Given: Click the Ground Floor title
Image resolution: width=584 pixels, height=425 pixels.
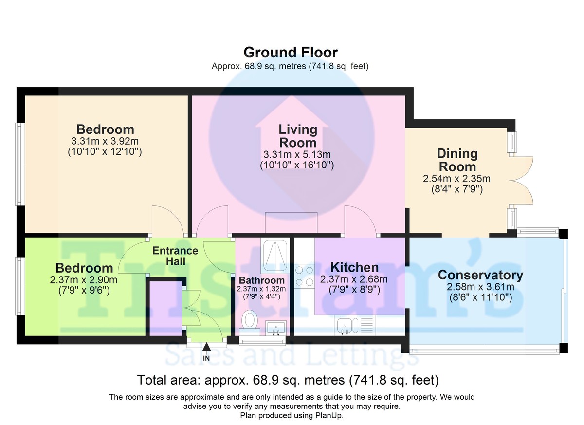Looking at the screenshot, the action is point(291,53).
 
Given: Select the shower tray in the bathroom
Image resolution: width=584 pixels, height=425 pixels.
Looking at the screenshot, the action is point(275,256).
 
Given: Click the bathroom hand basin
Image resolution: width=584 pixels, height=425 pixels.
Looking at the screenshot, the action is point(275,328).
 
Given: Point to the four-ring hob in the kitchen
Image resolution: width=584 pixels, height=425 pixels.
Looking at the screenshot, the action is point(305,276).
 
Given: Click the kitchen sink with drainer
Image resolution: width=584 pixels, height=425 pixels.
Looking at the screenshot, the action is point(355,325).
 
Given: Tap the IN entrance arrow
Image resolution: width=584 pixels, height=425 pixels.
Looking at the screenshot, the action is point(206,347).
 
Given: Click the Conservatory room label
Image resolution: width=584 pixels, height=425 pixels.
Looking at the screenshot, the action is point(480,275).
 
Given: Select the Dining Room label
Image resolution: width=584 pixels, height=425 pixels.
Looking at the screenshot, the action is point(457,160).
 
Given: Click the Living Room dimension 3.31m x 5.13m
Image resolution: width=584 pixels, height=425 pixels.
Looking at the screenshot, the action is point(297,155).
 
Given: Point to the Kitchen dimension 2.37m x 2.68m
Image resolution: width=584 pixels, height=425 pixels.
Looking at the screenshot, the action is point(354,279).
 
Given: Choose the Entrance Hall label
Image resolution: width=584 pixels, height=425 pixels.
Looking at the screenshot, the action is point(175,256).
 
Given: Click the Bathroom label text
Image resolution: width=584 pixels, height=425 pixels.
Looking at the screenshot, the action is point(262,280).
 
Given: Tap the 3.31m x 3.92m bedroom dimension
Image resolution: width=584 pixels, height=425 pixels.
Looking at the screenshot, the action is point(105,141).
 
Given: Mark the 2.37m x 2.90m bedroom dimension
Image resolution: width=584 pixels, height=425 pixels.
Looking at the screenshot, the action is point(83,280).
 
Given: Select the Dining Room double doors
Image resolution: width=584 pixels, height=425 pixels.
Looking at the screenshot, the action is point(521,181).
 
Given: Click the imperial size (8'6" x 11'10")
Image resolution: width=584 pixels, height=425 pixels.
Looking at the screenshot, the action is point(481,297).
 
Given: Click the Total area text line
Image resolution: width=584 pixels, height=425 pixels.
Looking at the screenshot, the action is point(288,380).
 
